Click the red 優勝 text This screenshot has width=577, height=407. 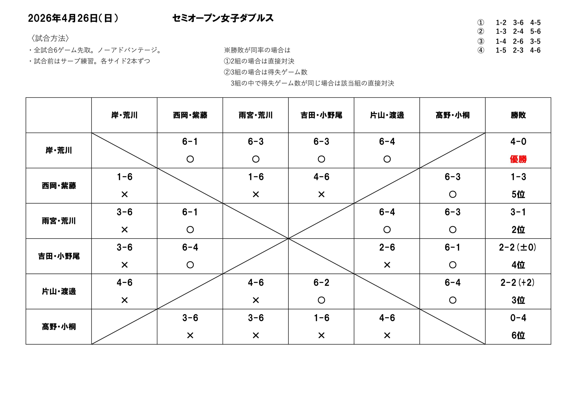(518, 159)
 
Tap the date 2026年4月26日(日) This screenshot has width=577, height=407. (73, 18)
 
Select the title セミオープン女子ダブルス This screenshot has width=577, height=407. (223, 18)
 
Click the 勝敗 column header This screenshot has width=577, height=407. (518, 115)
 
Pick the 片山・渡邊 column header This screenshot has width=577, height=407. (387, 115)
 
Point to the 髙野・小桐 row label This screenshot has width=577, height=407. (59, 326)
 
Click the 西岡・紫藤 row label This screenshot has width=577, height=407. (59, 186)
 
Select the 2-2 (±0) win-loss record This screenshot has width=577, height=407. (517, 247)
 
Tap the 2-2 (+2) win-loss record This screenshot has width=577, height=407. (517, 283)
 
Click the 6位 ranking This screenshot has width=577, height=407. (518, 335)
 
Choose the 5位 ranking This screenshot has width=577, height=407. (518, 194)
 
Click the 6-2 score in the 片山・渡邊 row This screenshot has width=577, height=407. (321, 283)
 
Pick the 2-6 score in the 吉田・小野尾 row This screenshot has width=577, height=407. (387, 247)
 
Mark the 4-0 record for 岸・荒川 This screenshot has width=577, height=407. (518, 142)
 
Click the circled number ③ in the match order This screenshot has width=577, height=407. (481, 41)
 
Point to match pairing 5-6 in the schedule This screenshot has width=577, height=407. (535, 31)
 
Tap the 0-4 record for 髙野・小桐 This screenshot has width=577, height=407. (518, 318)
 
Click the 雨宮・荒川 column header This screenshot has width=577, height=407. (256, 115)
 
